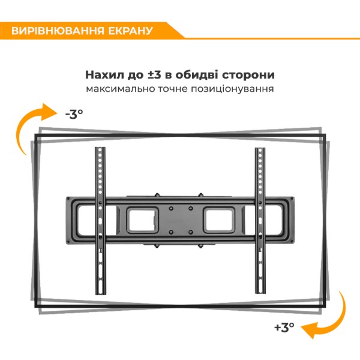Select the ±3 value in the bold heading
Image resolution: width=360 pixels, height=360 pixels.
pyautogui.click(x=154, y=75)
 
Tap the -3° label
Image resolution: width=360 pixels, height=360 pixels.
pyautogui.click(x=74, y=114)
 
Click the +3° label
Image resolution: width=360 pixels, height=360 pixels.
pyautogui.click(x=284, y=327)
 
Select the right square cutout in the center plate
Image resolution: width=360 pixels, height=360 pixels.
pyautogui.click(x=220, y=220)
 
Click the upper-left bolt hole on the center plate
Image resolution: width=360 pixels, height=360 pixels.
pyautogui.click(x=171, y=208)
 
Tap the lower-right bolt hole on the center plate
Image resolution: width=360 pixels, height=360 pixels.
pyautogui.click(x=191, y=233)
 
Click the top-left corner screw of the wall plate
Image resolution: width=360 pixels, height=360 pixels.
pyautogui.click(x=68, y=199)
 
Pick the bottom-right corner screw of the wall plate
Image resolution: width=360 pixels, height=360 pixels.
pyautogui.click(x=292, y=241)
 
